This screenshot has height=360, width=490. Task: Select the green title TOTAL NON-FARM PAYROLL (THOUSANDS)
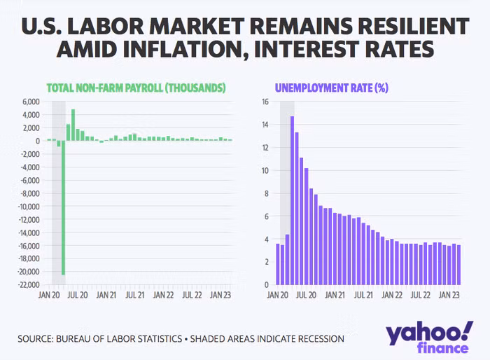point(136,88)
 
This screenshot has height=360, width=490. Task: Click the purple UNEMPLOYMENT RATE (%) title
point(332,88)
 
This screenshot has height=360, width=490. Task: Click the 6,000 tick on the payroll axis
point(29,102)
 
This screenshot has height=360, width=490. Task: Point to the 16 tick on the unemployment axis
point(265,102)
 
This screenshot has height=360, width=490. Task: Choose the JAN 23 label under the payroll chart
point(220,296)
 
